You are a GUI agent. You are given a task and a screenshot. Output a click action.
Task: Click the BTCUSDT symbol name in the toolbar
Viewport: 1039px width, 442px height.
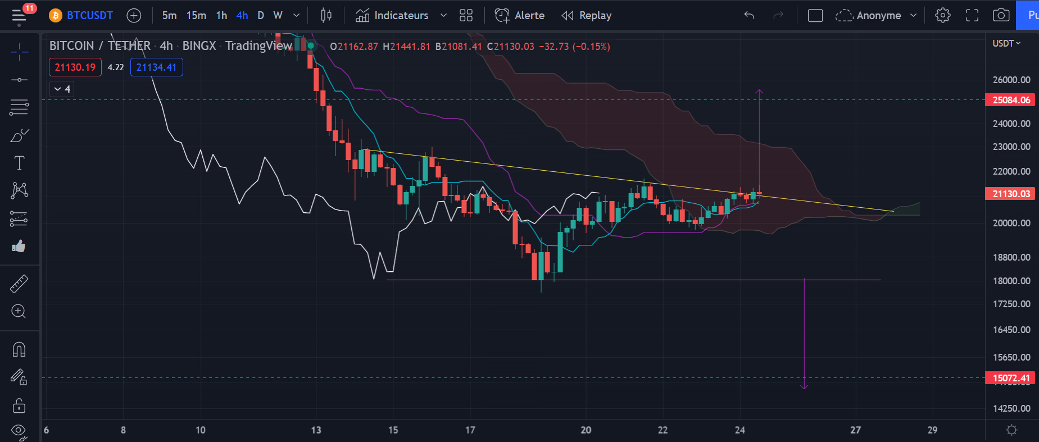pyautogui.click(x=89, y=15)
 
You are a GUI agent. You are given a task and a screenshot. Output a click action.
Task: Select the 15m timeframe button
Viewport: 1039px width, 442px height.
pyautogui.click(x=196, y=15)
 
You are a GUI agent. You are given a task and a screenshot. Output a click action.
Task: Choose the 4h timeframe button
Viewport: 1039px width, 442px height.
pyautogui.click(x=242, y=15)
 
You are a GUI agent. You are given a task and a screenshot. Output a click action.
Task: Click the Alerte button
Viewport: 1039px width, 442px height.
pyautogui.click(x=520, y=15)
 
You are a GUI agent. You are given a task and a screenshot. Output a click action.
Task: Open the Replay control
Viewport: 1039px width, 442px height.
pyautogui.click(x=587, y=15)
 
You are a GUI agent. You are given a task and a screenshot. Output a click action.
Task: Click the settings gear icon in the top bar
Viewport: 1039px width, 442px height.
pyautogui.click(x=942, y=15)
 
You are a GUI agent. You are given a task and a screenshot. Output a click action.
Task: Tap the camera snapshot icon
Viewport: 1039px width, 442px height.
pyautogui.click(x=1001, y=15)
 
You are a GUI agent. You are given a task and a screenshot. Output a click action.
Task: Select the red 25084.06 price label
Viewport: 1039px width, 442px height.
pyautogui.click(x=1011, y=100)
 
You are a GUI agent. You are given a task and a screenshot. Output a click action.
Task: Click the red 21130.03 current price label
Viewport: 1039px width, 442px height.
pyautogui.click(x=1011, y=194)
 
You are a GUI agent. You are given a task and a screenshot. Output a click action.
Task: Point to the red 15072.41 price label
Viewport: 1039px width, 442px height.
pyautogui.click(x=1011, y=378)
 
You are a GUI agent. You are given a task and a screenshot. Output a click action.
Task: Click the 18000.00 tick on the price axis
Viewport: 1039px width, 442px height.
pyautogui.click(x=1011, y=281)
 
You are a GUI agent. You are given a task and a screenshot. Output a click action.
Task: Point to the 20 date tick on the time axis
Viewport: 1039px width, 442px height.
pyautogui.click(x=586, y=430)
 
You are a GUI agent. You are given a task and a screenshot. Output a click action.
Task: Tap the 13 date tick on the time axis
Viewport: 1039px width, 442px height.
pyautogui.click(x=316, y=430)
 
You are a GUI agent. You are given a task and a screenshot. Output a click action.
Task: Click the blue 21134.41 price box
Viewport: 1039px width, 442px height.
pyautogui.click(x=156, y=67)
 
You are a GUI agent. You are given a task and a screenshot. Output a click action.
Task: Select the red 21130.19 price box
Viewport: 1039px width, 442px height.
pyautogui.click(x=75, y=67)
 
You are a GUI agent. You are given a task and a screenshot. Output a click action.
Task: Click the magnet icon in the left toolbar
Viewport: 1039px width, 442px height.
pyautogui.click(x=19, y=350)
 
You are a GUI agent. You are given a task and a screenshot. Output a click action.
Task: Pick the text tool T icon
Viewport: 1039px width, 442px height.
pyautogui.click(x=19, y=163)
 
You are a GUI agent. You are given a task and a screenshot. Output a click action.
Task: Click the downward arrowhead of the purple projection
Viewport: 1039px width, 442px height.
pyautogui.click(x=804, y=386)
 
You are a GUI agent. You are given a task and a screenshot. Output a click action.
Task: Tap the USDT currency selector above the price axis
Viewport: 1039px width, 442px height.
pyautogui.click(x=1006, y=43)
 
